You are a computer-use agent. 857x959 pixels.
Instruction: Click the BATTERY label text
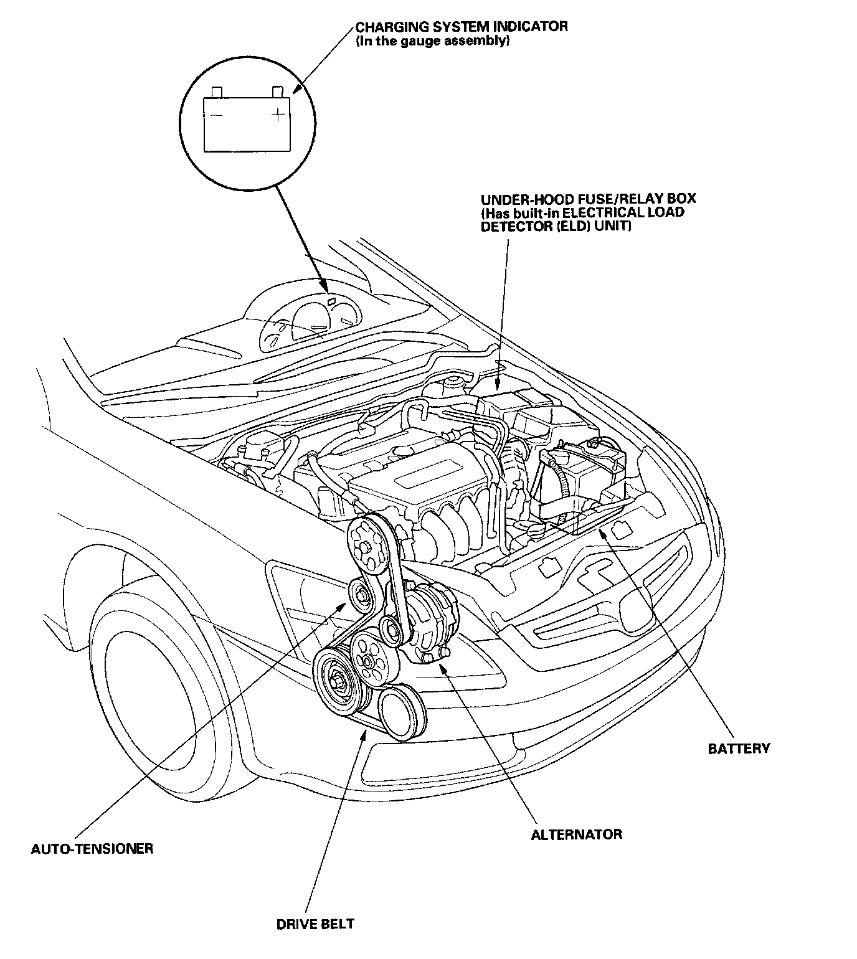pyautogui.click(x=739, y=748)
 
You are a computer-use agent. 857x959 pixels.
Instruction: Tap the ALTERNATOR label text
pyautogui.click(x=576, y=834)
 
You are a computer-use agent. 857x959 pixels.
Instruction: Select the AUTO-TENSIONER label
pyautogui.click(x=92, y=848)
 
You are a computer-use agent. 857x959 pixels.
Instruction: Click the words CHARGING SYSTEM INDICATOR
pyautogui.click(x=462, y=27)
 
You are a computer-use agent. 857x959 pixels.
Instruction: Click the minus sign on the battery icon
pyautogui.click(x=216, y=116)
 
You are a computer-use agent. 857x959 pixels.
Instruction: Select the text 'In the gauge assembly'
pyautogui.click(x=433, y=41)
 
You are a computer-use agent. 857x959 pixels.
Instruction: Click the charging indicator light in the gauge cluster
pyautogui.click(x=331, y=301)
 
